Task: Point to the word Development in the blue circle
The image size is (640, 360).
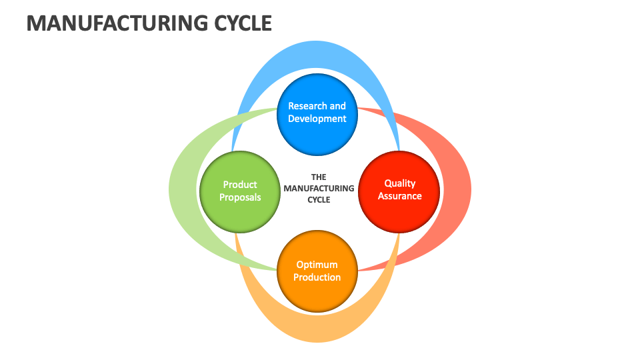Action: (x=317, y=119)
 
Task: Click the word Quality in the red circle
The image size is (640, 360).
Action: (x=400, y=183)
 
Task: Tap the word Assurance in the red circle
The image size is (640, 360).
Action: (x=400, y=196)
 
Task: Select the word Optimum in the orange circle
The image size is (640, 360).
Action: (x=317, y=265)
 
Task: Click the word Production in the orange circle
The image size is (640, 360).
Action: (x=317, y=277)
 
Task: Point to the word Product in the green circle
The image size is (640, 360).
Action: (x=240, y=185)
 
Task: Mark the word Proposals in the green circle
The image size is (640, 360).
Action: (x=240, y=197)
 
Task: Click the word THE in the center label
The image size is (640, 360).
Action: (x=319, y=177)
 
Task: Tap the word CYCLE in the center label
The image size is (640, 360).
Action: (x=319, y=199)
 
